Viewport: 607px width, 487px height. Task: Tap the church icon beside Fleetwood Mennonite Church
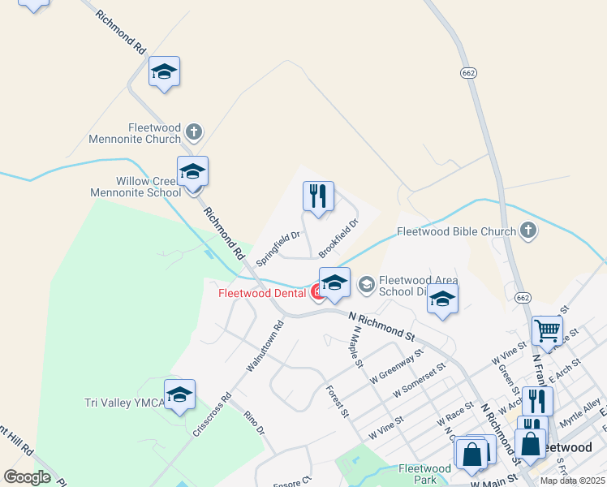pyautogui.click(x=193, y=131)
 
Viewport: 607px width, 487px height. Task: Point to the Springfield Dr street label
pyautogui.click(x=278, y=248)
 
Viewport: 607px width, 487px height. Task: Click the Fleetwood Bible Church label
pyautogui.click(x=456, y=231)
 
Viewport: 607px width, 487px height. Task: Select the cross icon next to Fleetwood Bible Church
pyautogui.click(x=528, y=231)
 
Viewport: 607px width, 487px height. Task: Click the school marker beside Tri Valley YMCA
pyautogui.click(x=179, y=394)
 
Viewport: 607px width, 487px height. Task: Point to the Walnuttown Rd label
pyautogui.click(x=265, y=347)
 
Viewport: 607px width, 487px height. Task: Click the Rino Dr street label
pyautogui.click(x=254, y=422)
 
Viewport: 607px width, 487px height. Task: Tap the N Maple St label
pyautogui.click(x=354, y=347)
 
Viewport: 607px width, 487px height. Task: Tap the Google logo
pyautogui.click(x=27, y=476)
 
